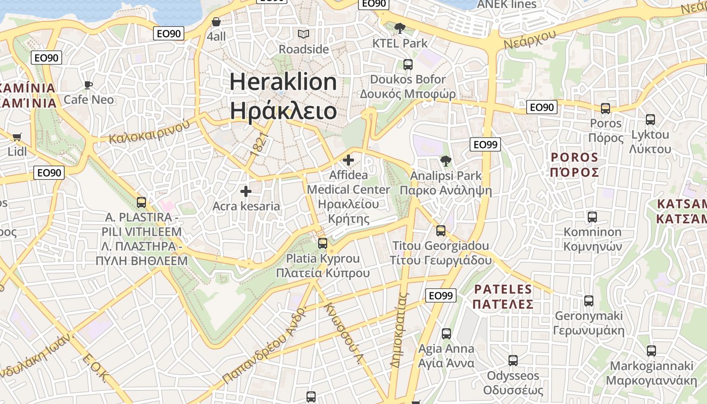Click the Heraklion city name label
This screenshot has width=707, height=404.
pos(283,96)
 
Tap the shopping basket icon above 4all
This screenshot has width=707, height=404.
pos(216,22)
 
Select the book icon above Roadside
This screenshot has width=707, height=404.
pos(304,34)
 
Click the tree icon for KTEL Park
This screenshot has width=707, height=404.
pos(400,28)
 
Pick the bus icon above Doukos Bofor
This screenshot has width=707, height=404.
pos(408,65)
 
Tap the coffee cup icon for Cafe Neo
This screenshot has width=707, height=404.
pos(88,85)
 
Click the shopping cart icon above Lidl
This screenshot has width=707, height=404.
pos(17,137)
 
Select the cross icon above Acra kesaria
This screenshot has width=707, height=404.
pos(246,191)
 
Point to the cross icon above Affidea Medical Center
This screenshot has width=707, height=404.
pos(348,161)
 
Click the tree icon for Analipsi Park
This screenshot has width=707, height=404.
pos(445,161)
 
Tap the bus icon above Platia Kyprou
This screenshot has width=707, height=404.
pos(323,243)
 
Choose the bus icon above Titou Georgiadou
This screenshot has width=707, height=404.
pos(441,231)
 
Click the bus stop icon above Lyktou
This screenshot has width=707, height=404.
pos(650,120)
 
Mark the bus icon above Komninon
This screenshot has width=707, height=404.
pos(592,217)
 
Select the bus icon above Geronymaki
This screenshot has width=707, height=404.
pos(589,301)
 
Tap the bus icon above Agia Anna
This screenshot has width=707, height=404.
pos(446,334)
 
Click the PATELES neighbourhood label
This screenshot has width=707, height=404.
pos(503,296)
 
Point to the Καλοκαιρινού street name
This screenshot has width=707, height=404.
pos(149,131)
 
